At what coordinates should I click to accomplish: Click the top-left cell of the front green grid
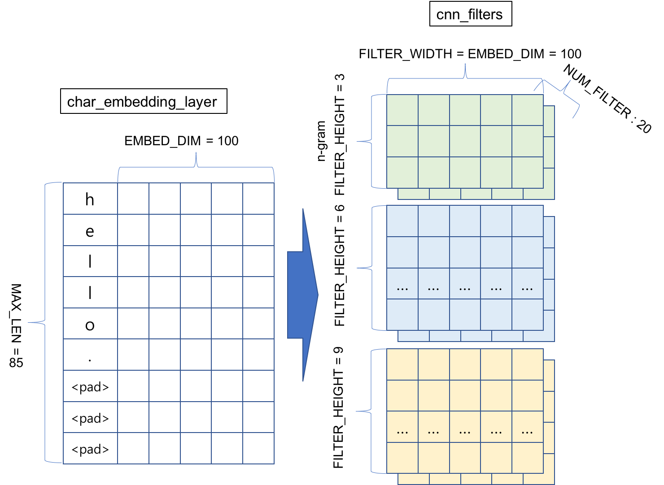pyautogui.click(x=402, y=110)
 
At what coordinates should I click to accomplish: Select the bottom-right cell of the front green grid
pyautogui.click(x=527, y=173)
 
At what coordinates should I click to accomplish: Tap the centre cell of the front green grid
pyautogui.click(x=465, y=141)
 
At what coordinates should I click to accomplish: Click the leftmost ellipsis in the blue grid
pyautogui.click(x=402, y=288)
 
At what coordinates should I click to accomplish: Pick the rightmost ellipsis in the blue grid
pyautogui.click(x=527, y=288)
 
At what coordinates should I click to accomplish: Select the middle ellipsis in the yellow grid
pyautogui.click(x=465, y=432)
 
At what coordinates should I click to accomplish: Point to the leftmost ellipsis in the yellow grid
pyautogui.click(x=402, y=432)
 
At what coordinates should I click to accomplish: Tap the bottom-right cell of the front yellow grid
pyautogui.click(x=527, y=458)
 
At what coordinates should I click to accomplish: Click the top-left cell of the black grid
pyautogui.click(x=90, y=199)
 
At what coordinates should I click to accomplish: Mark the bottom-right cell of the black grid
pyautogui.click(x=258, y=448)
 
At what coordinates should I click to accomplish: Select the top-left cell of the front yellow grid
pyautogui.click(x=402, y=364)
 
